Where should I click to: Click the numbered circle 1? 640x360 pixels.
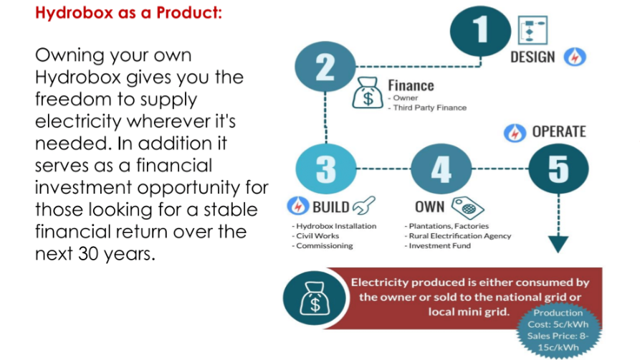(x=480, y=31)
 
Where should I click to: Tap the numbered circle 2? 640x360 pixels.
(x=325, y=67)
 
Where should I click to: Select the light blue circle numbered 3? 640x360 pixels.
(x=325, y=169)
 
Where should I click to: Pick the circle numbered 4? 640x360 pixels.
(x=441, y=169)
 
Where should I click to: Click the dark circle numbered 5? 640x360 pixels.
(x=558, y=169)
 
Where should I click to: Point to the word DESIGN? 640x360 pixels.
(x=532, y=57)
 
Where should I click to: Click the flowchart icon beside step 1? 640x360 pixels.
(x=532, y=30)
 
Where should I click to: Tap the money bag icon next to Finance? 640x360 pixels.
(x=368, y=93)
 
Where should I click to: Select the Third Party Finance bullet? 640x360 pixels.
(x=427, y=108)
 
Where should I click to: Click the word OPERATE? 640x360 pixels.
(x=559, y=131)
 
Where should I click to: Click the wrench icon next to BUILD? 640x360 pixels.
(x=363, y=206)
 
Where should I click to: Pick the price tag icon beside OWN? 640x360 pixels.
(x=468, y=207)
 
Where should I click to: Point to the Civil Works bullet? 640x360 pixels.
(x=315, y=236)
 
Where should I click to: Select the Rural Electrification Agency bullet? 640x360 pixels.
(x=457, y=236)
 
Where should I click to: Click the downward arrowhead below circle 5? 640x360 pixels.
(x=558, y=245)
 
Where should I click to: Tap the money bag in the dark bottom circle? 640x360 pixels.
(x=315, y=298)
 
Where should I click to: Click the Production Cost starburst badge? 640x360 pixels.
(x=558, y=330)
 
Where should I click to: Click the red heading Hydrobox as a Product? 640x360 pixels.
(x=128, y=13)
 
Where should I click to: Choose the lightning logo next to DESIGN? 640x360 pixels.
(x=575, y=57)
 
